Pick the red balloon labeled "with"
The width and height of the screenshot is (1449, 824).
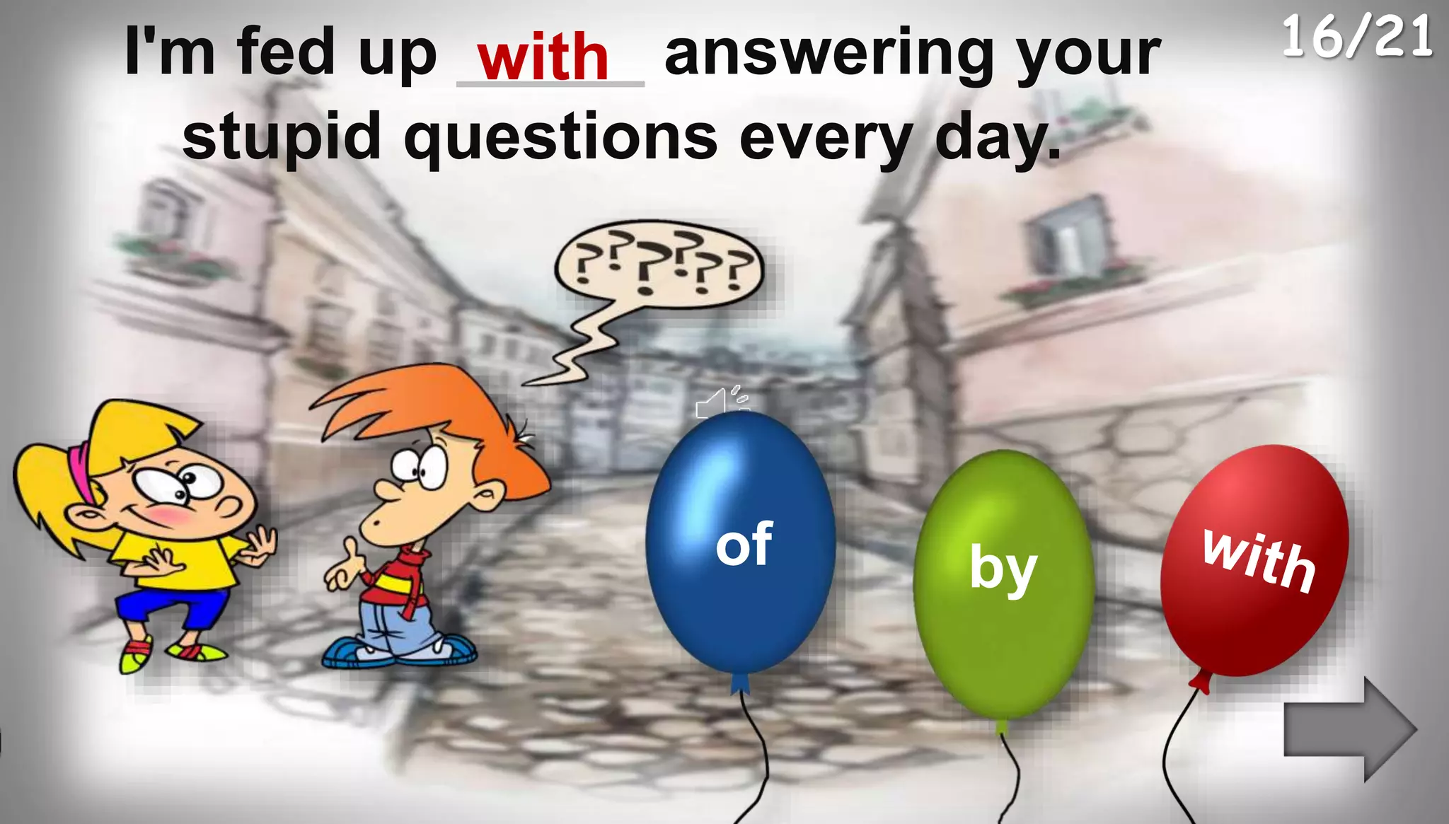click(x=1254, y=559)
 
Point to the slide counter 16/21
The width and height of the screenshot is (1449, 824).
click(x=1357, y=37)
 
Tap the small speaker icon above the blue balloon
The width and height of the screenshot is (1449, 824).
click(x=720, y=402)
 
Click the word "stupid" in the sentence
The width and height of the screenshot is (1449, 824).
click(x=282, y=137)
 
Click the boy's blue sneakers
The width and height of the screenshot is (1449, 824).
click(x=400, y=651)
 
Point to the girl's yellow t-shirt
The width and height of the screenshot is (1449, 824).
click(x=177, y=559)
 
